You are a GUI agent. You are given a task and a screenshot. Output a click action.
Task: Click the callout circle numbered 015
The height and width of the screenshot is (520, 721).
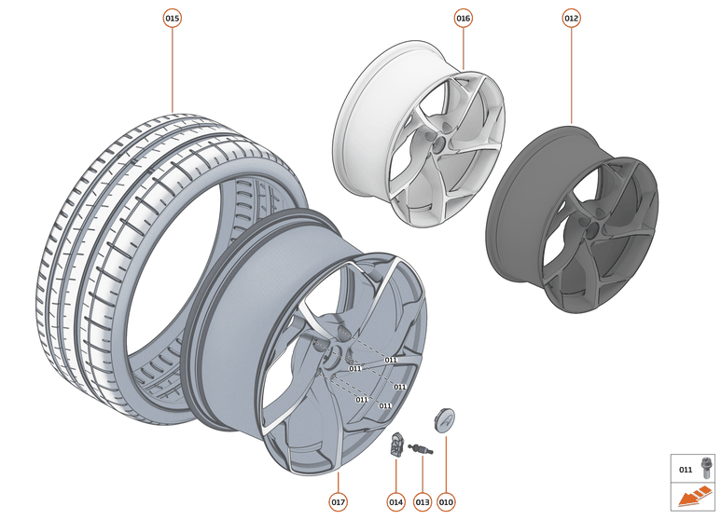click(173, 18)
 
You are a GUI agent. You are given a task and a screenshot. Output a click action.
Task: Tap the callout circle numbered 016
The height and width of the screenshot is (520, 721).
click(464, 18)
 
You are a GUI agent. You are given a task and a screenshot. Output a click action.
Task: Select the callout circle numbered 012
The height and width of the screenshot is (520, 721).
click(572, 18)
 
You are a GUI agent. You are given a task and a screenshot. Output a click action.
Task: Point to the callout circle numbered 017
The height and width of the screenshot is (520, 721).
click(338, 502)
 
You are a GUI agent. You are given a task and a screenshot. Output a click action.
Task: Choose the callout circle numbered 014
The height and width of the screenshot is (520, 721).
click(395, 502)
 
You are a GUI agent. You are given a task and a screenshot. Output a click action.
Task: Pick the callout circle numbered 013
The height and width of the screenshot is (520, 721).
click(422, 502)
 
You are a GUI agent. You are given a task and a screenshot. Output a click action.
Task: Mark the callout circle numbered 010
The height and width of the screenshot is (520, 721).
click(446, 502)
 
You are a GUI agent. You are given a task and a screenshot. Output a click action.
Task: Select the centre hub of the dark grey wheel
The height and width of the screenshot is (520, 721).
click(589, 227)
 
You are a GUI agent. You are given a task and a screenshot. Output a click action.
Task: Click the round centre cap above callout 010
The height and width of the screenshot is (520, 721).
click(445, 422)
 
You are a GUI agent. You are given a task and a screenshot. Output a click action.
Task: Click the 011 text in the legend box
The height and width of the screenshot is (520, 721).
click(686, 470)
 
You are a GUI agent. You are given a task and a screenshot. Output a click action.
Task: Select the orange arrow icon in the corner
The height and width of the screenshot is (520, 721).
click(694, 499)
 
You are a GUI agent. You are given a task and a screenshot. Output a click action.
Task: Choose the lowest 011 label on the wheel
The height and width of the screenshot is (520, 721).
click(384, 405)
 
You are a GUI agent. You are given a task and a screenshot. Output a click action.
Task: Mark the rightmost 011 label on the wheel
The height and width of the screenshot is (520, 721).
click(399, 386)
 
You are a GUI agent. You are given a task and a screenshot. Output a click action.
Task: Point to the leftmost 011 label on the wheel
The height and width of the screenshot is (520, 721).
click(354, 368)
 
